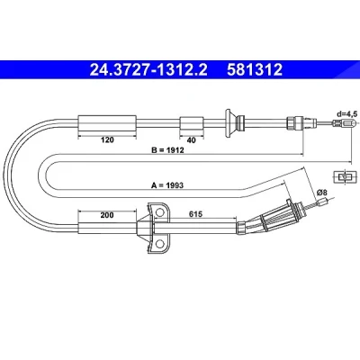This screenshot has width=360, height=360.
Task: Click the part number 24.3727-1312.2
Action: (x=148, y=70)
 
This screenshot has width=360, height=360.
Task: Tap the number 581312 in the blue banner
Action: (x=255, y=70)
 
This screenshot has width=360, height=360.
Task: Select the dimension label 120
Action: (x=107, y=139)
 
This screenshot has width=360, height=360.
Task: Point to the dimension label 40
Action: (x=191, y=140)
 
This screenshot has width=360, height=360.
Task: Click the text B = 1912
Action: (x=167, y=149)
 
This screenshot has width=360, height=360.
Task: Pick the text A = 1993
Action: (x=167, y=185)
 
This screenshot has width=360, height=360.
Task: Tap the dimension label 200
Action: (x=107, y=215)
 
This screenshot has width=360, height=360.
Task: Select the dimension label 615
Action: (x=195, y=214)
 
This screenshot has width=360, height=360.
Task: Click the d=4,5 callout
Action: (x=347, y=114)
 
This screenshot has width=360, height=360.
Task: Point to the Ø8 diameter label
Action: (x=321, y=191)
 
